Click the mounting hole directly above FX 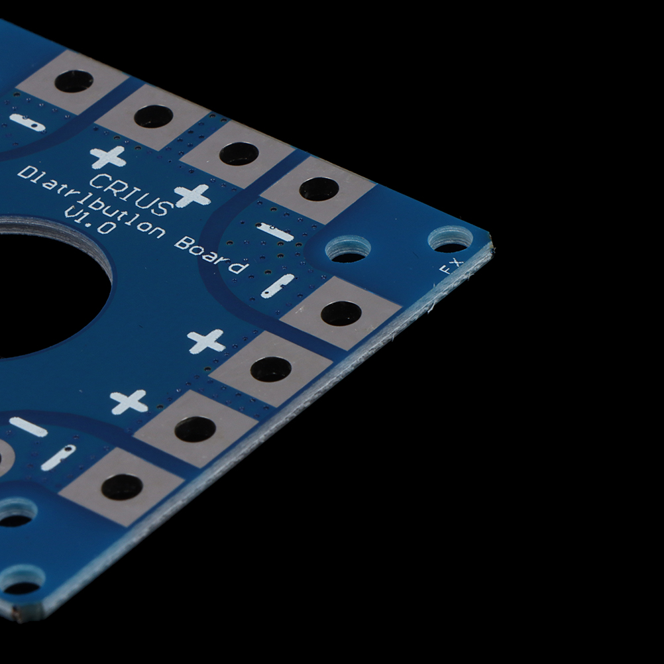click(450, 240)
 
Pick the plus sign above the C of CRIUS click(108, 157)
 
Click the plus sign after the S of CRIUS click(193, 195)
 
